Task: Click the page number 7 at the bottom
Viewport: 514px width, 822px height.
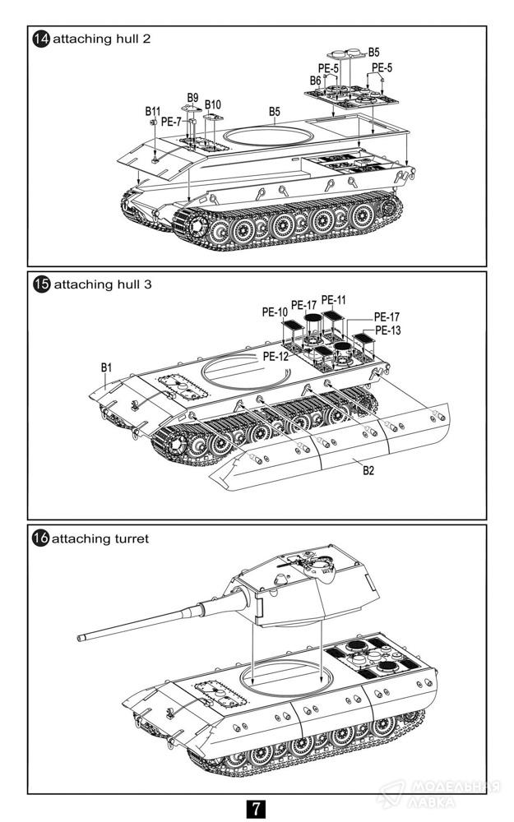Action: coord(257,807)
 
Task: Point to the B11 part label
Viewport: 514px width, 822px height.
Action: coord(153,110)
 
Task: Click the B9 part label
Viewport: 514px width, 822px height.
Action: coord(193,96)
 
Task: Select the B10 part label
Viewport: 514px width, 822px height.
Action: coord(213,104)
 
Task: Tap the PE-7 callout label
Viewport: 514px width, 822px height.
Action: coord(172,121)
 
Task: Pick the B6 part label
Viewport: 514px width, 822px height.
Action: coord(315,81)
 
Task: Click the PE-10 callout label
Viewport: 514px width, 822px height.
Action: coord(275,312)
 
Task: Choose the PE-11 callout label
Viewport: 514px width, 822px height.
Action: coord(334,299)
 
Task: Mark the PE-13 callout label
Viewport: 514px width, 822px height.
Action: coord(387,330)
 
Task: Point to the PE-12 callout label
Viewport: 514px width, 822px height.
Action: coord(276,357)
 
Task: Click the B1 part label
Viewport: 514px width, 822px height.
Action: coord(106,367)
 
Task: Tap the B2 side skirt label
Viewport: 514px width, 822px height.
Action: coord(368,472)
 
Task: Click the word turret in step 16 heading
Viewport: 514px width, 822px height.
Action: coord(132,538)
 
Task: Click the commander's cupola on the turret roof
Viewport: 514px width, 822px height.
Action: coord(316,564)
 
